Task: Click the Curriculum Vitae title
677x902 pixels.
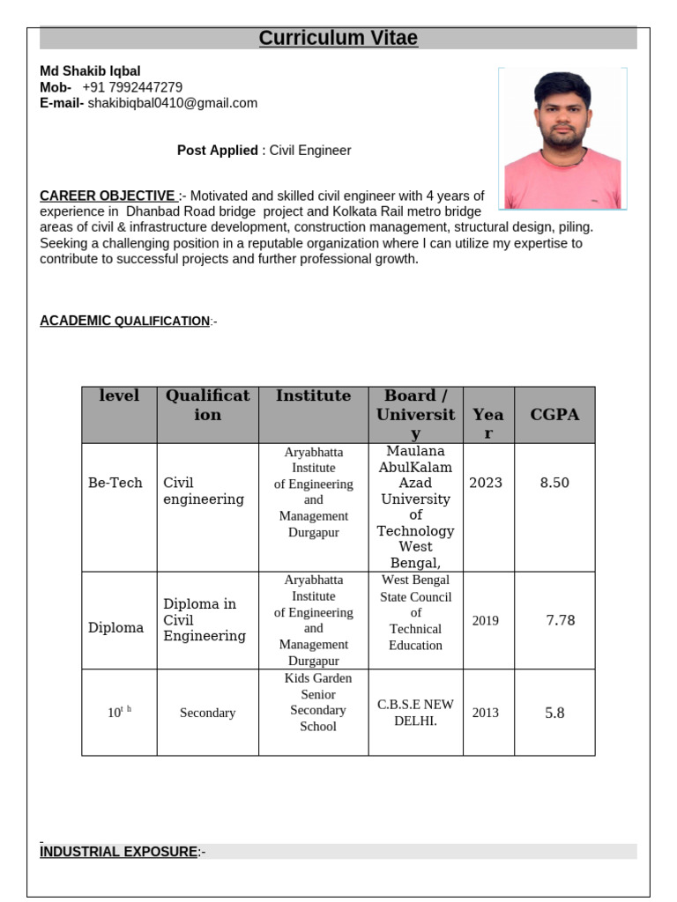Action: [338, 38]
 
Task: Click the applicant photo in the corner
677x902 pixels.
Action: [562, 139]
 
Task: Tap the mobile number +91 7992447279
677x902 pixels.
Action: [132, 87]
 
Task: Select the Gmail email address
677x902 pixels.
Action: [173, 103]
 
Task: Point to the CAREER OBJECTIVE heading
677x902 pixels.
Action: [108, 196]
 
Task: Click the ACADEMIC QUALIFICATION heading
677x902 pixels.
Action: [124, 321]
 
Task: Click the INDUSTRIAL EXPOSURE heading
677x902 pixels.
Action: [119, 852]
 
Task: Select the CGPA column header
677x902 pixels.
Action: [554, 415]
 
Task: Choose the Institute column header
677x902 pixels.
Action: [313, 396]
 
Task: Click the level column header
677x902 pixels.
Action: [119, 396]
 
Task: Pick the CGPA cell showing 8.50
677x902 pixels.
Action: [554, 483]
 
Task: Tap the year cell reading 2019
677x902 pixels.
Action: [486, 620]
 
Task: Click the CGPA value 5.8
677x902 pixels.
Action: [554, 713]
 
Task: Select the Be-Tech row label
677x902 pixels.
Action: [115, 483]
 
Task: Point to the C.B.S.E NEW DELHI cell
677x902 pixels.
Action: [415, 713]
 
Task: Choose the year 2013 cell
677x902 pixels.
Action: [486, 713]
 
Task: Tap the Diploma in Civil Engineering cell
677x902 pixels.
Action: [205, 620]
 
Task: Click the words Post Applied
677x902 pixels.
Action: [218, 151]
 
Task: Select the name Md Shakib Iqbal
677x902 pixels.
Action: [90, 70]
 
